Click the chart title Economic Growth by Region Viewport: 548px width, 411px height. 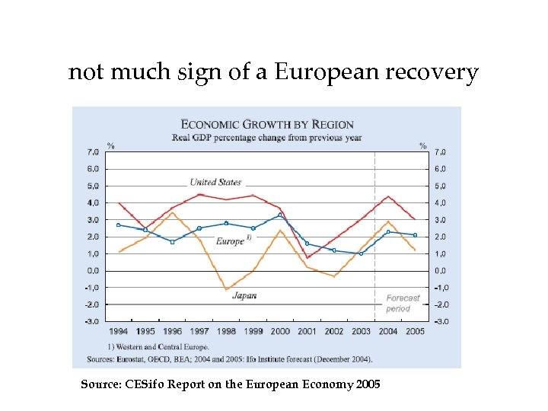coord(266,124)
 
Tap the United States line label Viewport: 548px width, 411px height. coord(215,182)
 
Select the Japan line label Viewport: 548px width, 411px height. coord(244,295)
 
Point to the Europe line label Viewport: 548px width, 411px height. coord(231,241)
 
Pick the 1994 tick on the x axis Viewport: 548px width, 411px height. coord(118,332)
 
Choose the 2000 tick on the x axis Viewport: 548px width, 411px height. coord(280,332)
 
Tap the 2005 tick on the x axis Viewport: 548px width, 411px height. coord(415,332)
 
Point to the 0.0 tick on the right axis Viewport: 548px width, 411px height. coord(441,270)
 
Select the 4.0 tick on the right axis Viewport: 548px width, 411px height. coord(441,203)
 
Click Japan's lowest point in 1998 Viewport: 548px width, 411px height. coord(226,289)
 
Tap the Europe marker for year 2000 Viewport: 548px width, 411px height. coord(280,215)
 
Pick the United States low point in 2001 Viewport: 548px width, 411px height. coord(307,257)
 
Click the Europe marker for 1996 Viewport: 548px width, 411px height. coord(172,242)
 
